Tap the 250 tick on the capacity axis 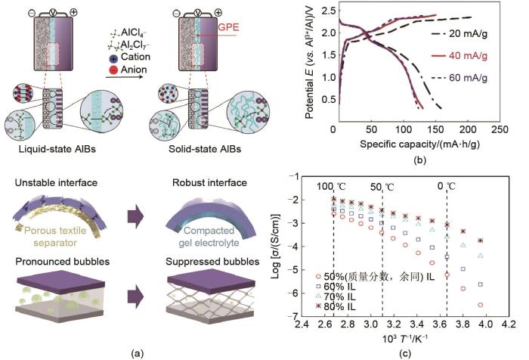coord(500,130)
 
